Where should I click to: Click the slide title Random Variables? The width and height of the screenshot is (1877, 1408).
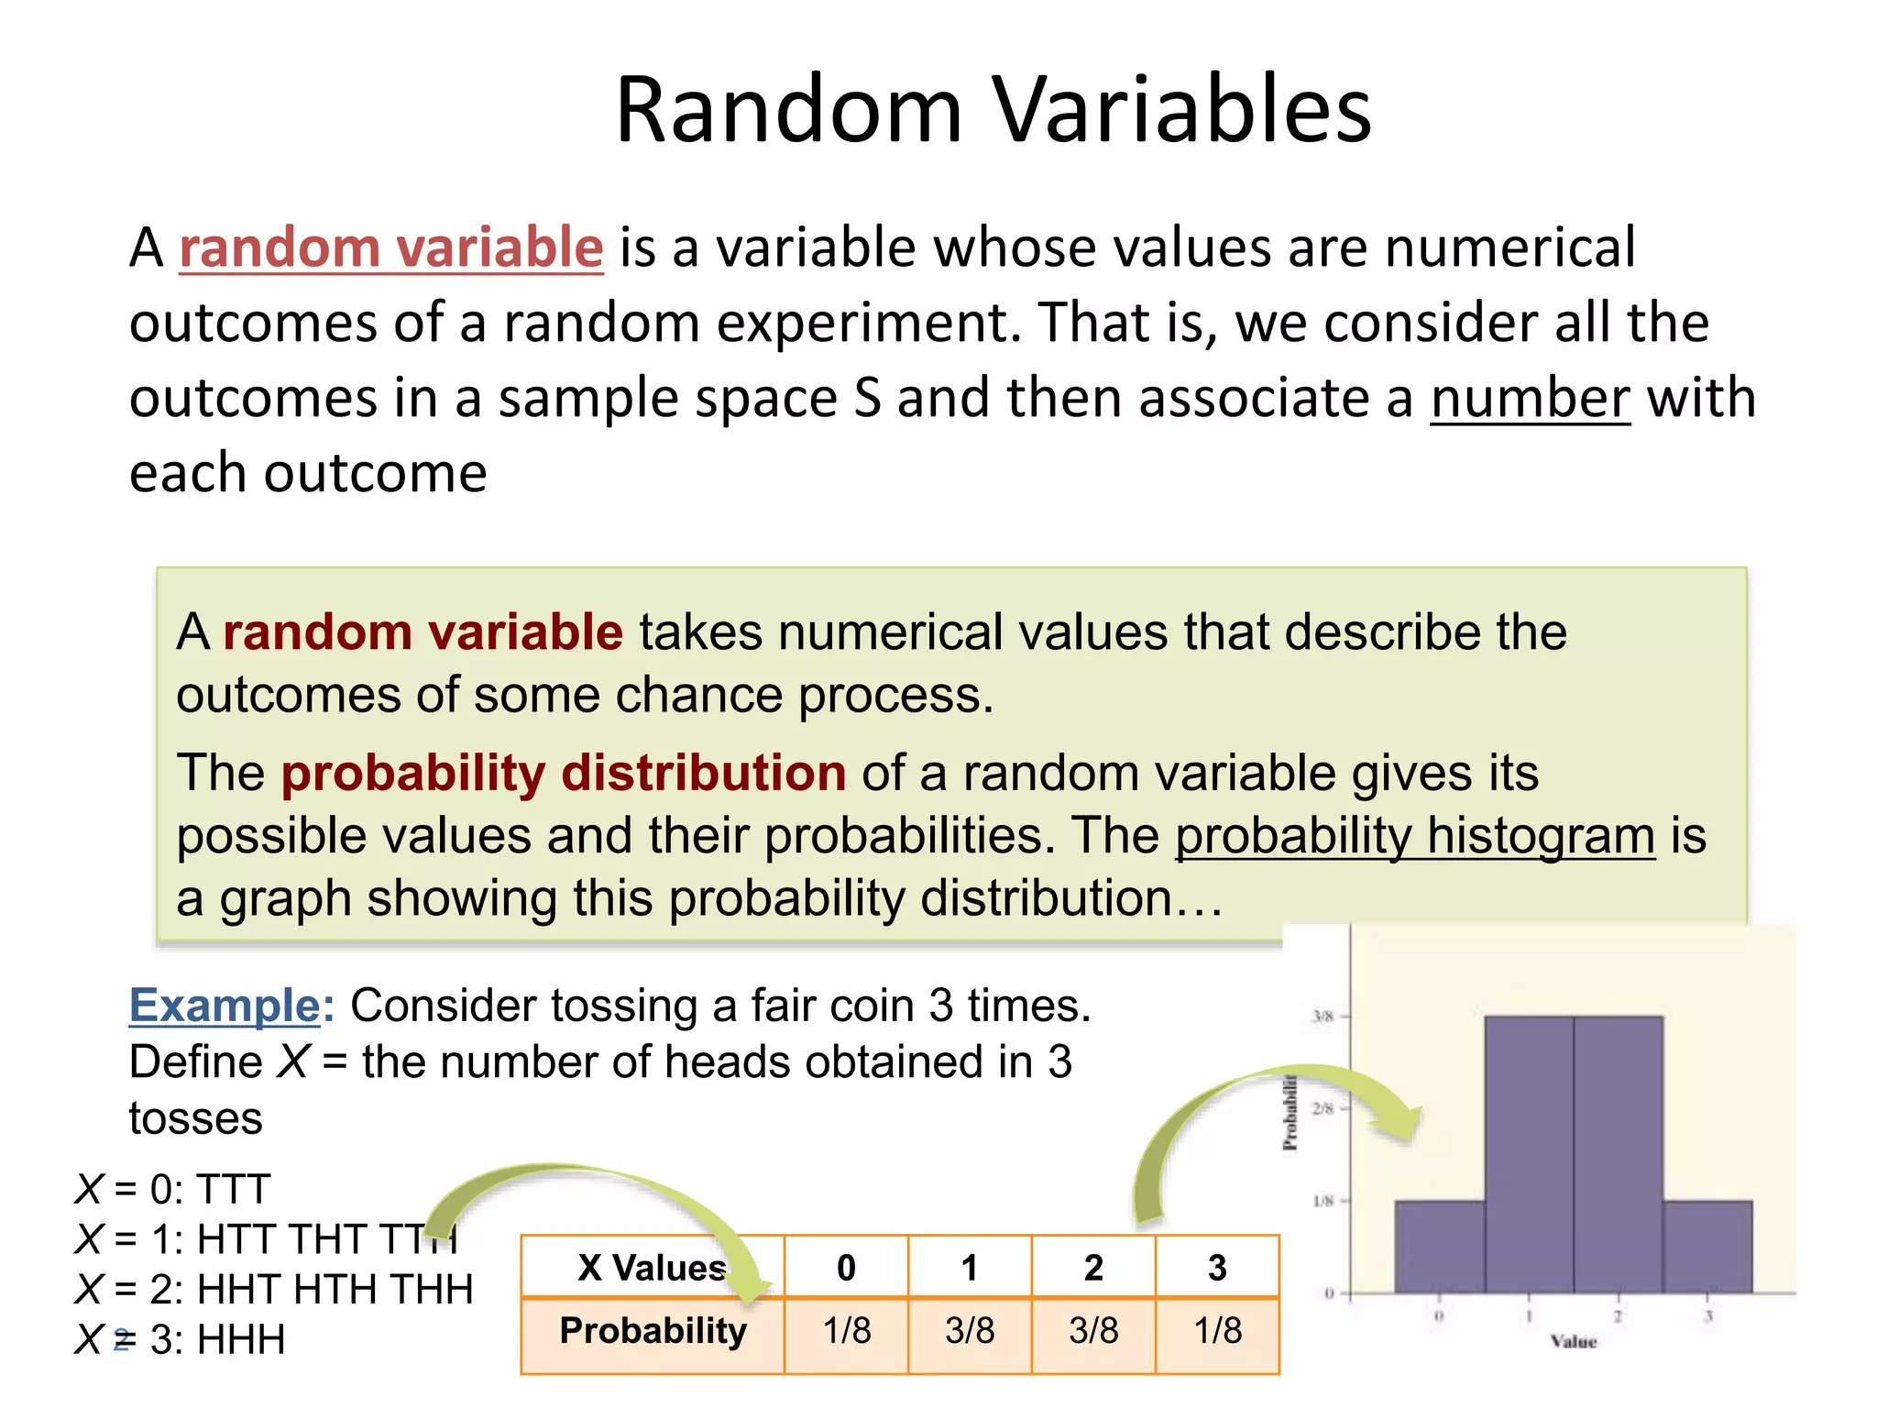[x=993, y=111]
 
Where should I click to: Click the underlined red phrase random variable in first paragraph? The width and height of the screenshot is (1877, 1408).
[x=391, y=247]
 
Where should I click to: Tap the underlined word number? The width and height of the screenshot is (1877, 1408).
[x=1530, y=399]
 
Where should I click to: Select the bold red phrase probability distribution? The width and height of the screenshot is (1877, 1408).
[x=563, y=773]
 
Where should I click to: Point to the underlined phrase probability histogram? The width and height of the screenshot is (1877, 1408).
[x=1415, y=836]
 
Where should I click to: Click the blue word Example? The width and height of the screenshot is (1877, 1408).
[x=225, y=1006]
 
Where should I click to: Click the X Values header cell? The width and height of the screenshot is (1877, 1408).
[x=652, y=1268]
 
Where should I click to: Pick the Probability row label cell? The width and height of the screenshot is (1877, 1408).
[x=653, y=1331]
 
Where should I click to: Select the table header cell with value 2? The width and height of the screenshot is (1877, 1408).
[x=1093, y=1268]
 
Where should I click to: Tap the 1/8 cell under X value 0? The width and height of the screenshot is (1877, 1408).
[x=846, y=1331]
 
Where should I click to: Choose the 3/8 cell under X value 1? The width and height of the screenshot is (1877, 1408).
[x=970, y=1331]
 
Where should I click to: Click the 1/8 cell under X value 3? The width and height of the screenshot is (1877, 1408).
[x=1217, y=1331]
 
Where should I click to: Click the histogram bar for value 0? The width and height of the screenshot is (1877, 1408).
[x=1440, y=1247]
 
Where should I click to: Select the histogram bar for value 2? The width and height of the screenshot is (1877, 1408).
[x=1619, y=1155]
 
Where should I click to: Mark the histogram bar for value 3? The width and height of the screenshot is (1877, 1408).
[x=1707, y=1247]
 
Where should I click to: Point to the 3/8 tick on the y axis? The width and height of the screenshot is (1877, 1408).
[x=1323, y=1017]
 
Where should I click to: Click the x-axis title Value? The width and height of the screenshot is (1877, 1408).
[x=1574, y=1342]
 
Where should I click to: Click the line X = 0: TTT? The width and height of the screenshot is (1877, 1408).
[x=172, y=1190]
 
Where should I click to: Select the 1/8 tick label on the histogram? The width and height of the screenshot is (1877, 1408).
[x=1323, y=1201]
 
